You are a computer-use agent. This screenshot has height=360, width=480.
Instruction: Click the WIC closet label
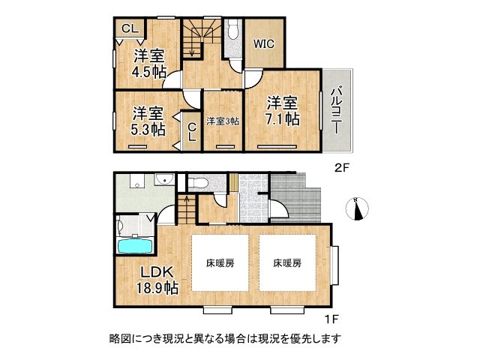coord(263,44)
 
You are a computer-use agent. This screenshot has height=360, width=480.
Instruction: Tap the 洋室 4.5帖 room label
coord(150,64)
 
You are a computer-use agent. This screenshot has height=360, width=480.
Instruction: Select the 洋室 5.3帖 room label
coord(149,121)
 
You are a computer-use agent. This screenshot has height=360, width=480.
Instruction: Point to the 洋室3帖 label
coord(223,121)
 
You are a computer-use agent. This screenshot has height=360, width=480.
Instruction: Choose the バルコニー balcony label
coord(337,109)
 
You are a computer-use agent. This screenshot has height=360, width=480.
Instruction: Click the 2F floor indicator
coord(342,168)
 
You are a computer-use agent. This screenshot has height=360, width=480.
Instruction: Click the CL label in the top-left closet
coord(129,28)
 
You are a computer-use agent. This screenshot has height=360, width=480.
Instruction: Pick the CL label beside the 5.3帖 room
coord(191,133)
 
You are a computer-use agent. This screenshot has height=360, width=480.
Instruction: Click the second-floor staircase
coord(199,37)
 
